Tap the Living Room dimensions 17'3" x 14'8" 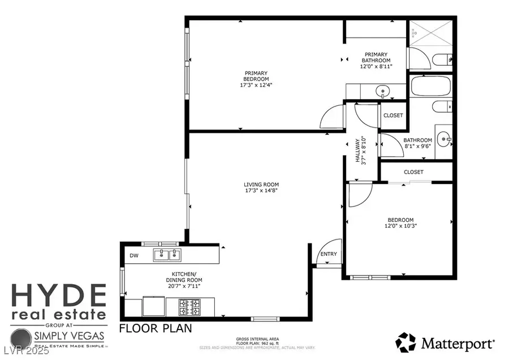[261, 191]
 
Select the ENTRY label [328, 254]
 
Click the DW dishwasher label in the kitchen [134, 256]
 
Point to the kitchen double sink [167, 255]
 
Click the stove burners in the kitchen [189, 307]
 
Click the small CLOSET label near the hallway [393, 115]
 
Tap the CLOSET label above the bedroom [413, 172]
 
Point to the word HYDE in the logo [58, 295]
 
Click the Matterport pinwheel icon [406, 342]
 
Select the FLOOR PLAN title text [156, 328]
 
